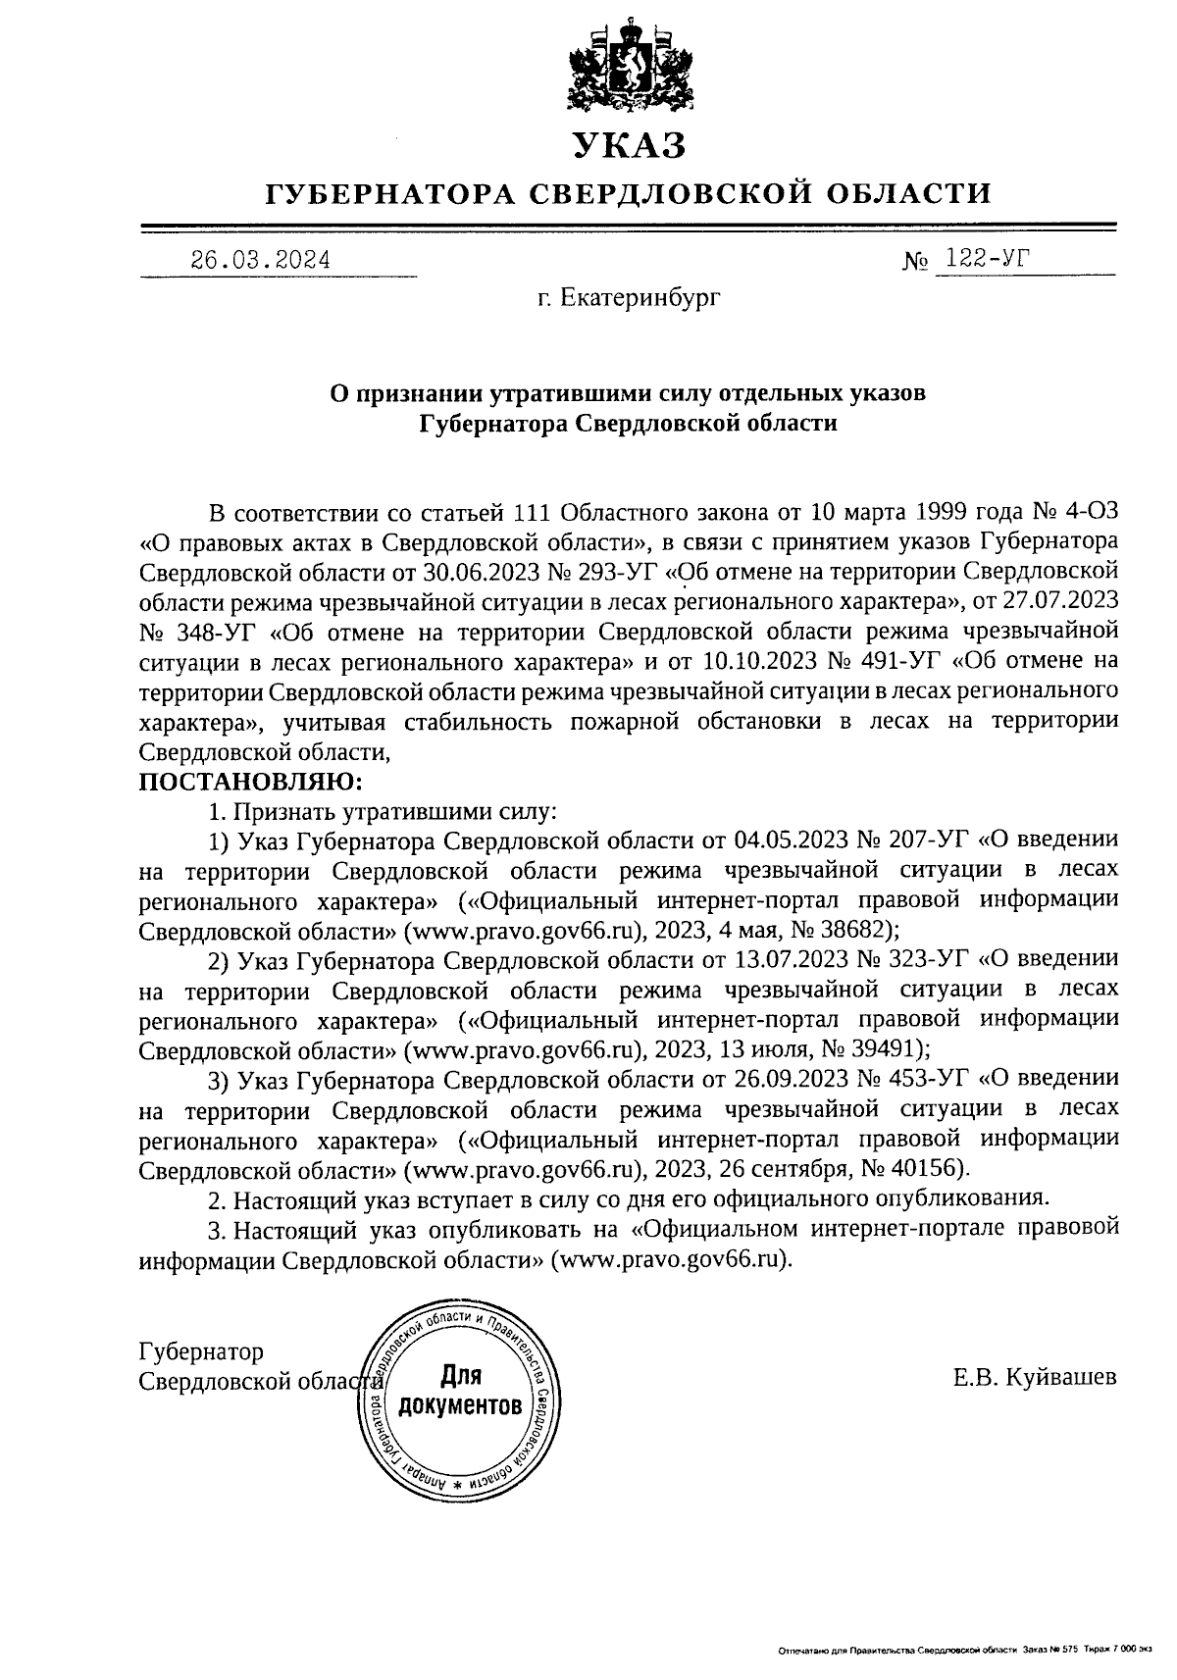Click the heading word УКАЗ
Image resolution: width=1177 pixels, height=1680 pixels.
pos(628,146)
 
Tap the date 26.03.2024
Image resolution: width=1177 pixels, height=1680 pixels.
pos(260,260)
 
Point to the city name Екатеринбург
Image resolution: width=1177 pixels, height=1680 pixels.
pos(641,297)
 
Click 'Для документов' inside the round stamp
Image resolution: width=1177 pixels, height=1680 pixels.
pos(457,1392)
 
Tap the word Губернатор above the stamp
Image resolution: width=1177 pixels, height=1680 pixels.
pos(201,1351)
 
